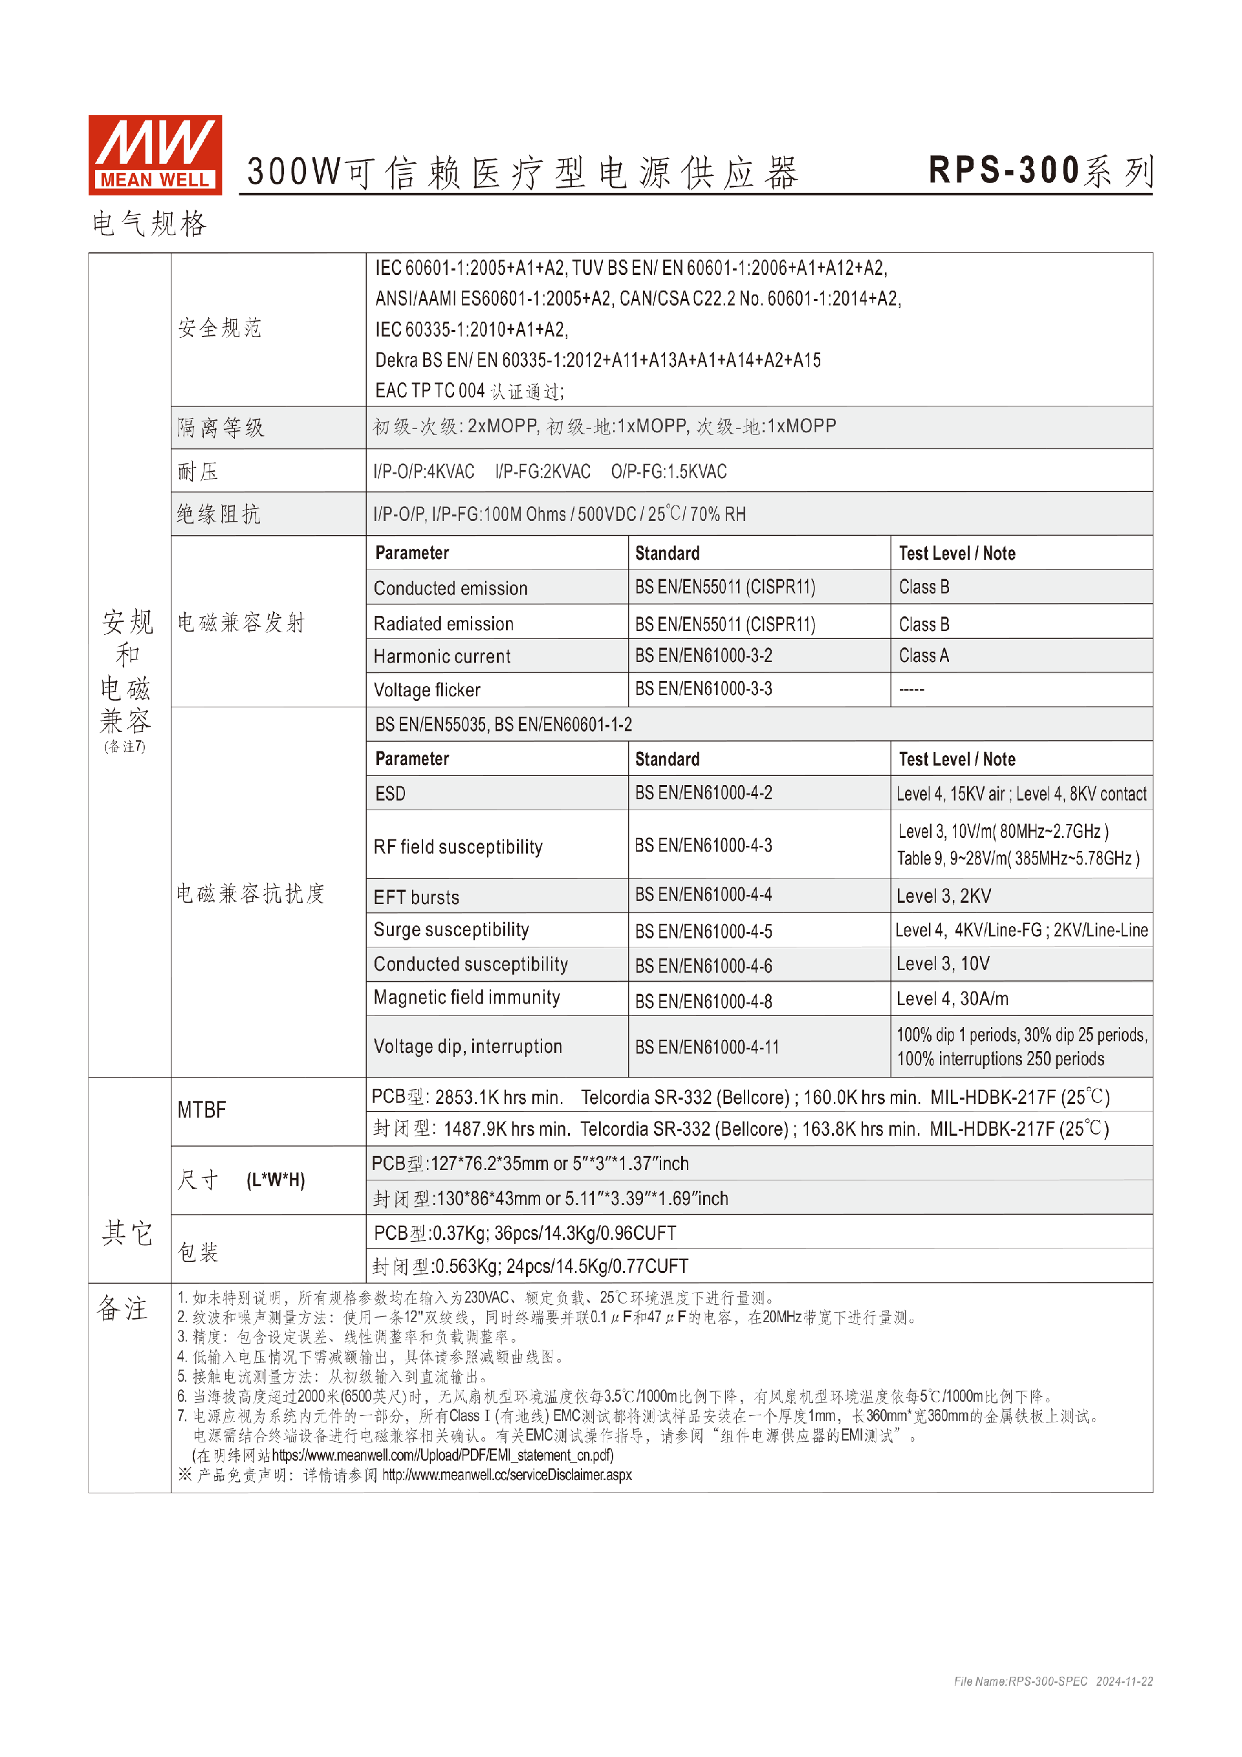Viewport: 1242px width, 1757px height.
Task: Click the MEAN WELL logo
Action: (155, 155)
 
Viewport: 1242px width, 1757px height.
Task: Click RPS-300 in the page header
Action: (1003, 171)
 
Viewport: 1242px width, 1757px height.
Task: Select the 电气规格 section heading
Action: (150, 224)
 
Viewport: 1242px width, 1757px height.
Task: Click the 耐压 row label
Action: (198, 470)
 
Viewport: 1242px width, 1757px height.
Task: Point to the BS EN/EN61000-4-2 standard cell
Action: (703, 793)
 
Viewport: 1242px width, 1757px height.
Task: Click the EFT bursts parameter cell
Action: (416, 897)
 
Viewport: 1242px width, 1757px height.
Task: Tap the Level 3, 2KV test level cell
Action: (943, 896)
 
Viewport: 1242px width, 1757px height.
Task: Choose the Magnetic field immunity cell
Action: (466, 998)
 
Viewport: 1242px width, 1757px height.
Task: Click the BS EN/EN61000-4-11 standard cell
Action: (706, 1047)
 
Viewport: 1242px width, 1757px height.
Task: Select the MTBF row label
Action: (202, 1110)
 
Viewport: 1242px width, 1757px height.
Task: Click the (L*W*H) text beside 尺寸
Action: (276, 1180)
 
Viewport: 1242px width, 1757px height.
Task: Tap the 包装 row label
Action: (198, 1252)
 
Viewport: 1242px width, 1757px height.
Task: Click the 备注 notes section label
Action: (122, 1309)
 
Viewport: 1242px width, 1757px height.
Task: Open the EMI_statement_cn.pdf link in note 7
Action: (443, 1455)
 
